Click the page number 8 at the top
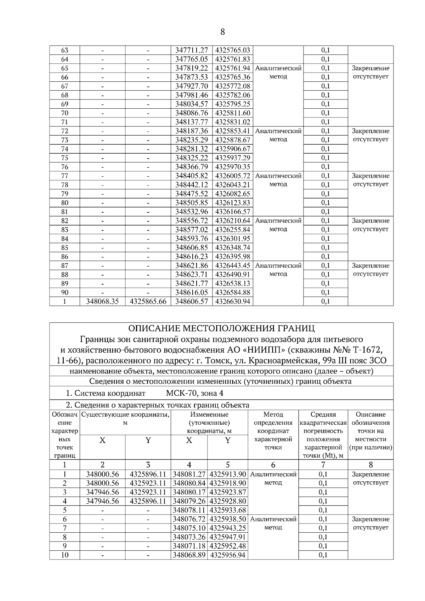[x=222, y=32]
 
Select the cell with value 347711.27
[x=192, y=50]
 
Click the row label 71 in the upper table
[x=64, y=122]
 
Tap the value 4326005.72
[x=233, y=176]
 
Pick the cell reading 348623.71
[x=192, y=275]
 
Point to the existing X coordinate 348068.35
[x=102, y=302]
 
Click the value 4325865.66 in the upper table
[x=148, y=302]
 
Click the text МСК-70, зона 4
[x=194, y=393]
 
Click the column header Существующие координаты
[x=125, y=414]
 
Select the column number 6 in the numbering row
[x=273, y=465]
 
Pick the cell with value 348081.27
[x=189, y=474]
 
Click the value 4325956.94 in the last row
[x=228, y=555]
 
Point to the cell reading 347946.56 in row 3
[x=102, y=492]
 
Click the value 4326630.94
[x=233, y=302]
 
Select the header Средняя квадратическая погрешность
[x=323, y=423]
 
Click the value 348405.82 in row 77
[x=192, y=176]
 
